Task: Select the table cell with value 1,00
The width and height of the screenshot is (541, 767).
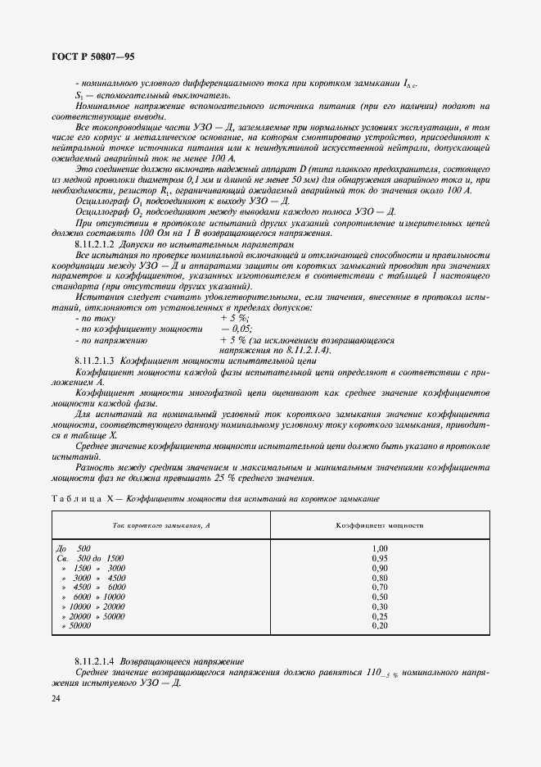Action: (x=379, y=548)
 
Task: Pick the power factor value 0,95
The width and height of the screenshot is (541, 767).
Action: (x=379, y=558)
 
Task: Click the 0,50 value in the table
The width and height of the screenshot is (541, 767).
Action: (x=379, y=597)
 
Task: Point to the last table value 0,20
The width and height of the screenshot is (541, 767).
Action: (x=379, y=626)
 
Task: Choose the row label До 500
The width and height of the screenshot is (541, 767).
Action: (x=73, y=548)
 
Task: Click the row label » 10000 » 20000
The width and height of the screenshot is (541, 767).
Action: (x=92, y=606)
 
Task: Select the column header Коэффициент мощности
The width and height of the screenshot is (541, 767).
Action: (x=379, y=524)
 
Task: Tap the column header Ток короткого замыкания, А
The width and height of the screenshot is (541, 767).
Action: (x=161, y=524)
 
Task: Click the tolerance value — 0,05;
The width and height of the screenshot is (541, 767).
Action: (x=235, y=328)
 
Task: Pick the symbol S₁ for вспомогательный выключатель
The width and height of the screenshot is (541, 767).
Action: (x=79, y=96)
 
